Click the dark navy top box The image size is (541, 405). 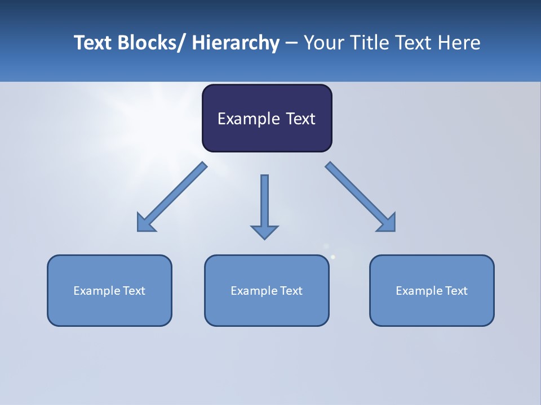[267, 118]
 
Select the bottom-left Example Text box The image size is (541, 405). [109, 290]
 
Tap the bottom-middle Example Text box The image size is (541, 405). [267, 290]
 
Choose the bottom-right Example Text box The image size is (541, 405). [432, 290]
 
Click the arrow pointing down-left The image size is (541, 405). [175, 195]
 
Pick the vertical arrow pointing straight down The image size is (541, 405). [264, 202]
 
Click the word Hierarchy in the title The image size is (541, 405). [236, 43]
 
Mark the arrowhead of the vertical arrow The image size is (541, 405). [264, 232]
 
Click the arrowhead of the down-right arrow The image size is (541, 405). [387, 223]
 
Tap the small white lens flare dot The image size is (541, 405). [332, 257]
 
